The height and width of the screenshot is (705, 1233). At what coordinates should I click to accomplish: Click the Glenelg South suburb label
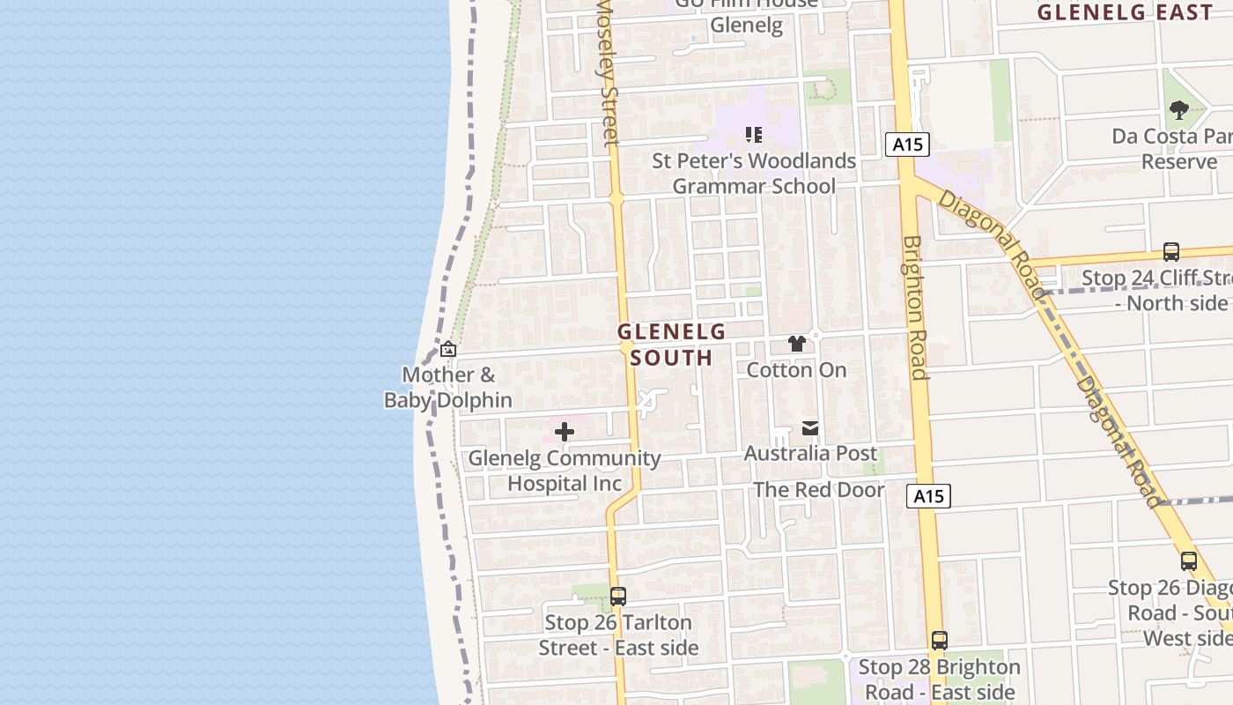coord(671,345)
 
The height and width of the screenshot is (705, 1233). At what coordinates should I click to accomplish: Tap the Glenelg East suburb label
coord(1125,12)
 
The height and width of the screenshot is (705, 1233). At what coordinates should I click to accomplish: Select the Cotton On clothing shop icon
coord(797,344)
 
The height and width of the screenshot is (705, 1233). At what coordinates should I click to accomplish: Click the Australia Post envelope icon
coord(810,428)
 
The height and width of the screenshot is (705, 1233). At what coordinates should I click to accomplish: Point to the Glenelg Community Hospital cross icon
coord(565,432)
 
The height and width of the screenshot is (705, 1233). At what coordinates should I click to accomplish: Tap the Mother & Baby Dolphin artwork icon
coord(448,349)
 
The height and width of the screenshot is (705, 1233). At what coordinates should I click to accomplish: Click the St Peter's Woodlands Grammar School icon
coord(754,135)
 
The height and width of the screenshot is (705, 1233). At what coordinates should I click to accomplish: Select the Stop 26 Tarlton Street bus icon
coord(618,597)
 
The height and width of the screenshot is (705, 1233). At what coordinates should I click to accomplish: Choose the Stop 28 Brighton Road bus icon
coord(940,641)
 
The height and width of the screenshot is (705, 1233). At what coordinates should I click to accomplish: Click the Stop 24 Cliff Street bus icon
coord(1171,252)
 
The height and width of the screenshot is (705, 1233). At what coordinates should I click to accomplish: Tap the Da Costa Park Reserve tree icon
coord(1179,110)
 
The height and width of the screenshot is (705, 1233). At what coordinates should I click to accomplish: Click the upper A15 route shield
coord(907,145)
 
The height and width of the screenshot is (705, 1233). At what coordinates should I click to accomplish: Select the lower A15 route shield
coord(928,496)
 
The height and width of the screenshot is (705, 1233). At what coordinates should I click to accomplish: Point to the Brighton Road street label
coord(914,308)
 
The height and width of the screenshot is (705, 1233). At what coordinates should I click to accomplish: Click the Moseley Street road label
coord(608,70)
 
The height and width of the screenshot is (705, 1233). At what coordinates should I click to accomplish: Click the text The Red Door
coord(818,490)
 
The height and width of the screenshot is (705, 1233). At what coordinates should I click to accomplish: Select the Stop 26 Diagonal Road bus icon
coord(1189,561)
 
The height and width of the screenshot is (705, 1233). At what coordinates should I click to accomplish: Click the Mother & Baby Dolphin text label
coord(448,387)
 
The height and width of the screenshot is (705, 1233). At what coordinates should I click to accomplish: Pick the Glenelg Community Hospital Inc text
coord(565,471)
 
